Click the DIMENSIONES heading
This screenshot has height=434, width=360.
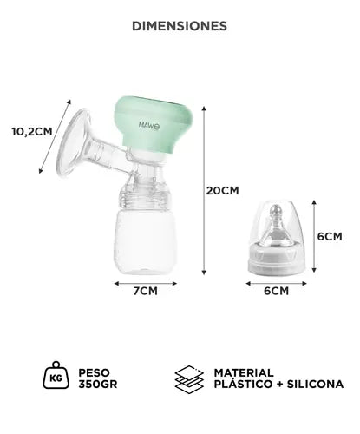[180, 26]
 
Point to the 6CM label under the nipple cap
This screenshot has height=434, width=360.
[275, 291]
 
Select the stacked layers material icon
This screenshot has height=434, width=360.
[189, 377]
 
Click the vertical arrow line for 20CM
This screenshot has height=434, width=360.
[205, 191]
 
